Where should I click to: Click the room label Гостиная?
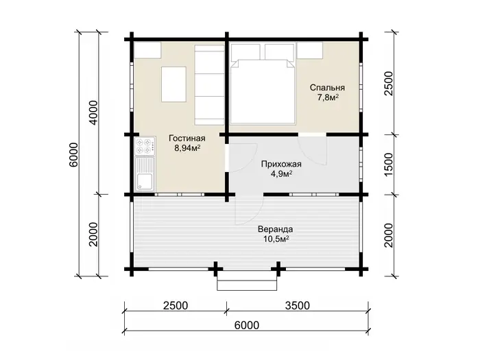[187, 139]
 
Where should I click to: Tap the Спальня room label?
[327, 88]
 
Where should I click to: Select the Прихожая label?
[281, 165]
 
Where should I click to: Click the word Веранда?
[275, 229]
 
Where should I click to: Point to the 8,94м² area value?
[187, 148]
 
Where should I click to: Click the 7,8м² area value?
[327, 97]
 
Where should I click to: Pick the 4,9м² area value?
[281, 174]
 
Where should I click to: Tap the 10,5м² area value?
[276, 239]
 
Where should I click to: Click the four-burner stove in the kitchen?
[145, 146]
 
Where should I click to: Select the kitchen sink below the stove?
[145, 174]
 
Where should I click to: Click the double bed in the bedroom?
[263, 91]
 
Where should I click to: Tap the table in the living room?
[174, 84]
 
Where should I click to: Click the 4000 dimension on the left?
[95, 112]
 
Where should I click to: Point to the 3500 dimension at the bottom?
[297, 306]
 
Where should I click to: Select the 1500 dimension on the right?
[388, 165]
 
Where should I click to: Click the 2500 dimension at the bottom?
[176, 306]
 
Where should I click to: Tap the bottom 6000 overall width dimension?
[247, 325]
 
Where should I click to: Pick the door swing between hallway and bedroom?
[313, 149]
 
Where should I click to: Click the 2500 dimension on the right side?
[388, 83]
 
